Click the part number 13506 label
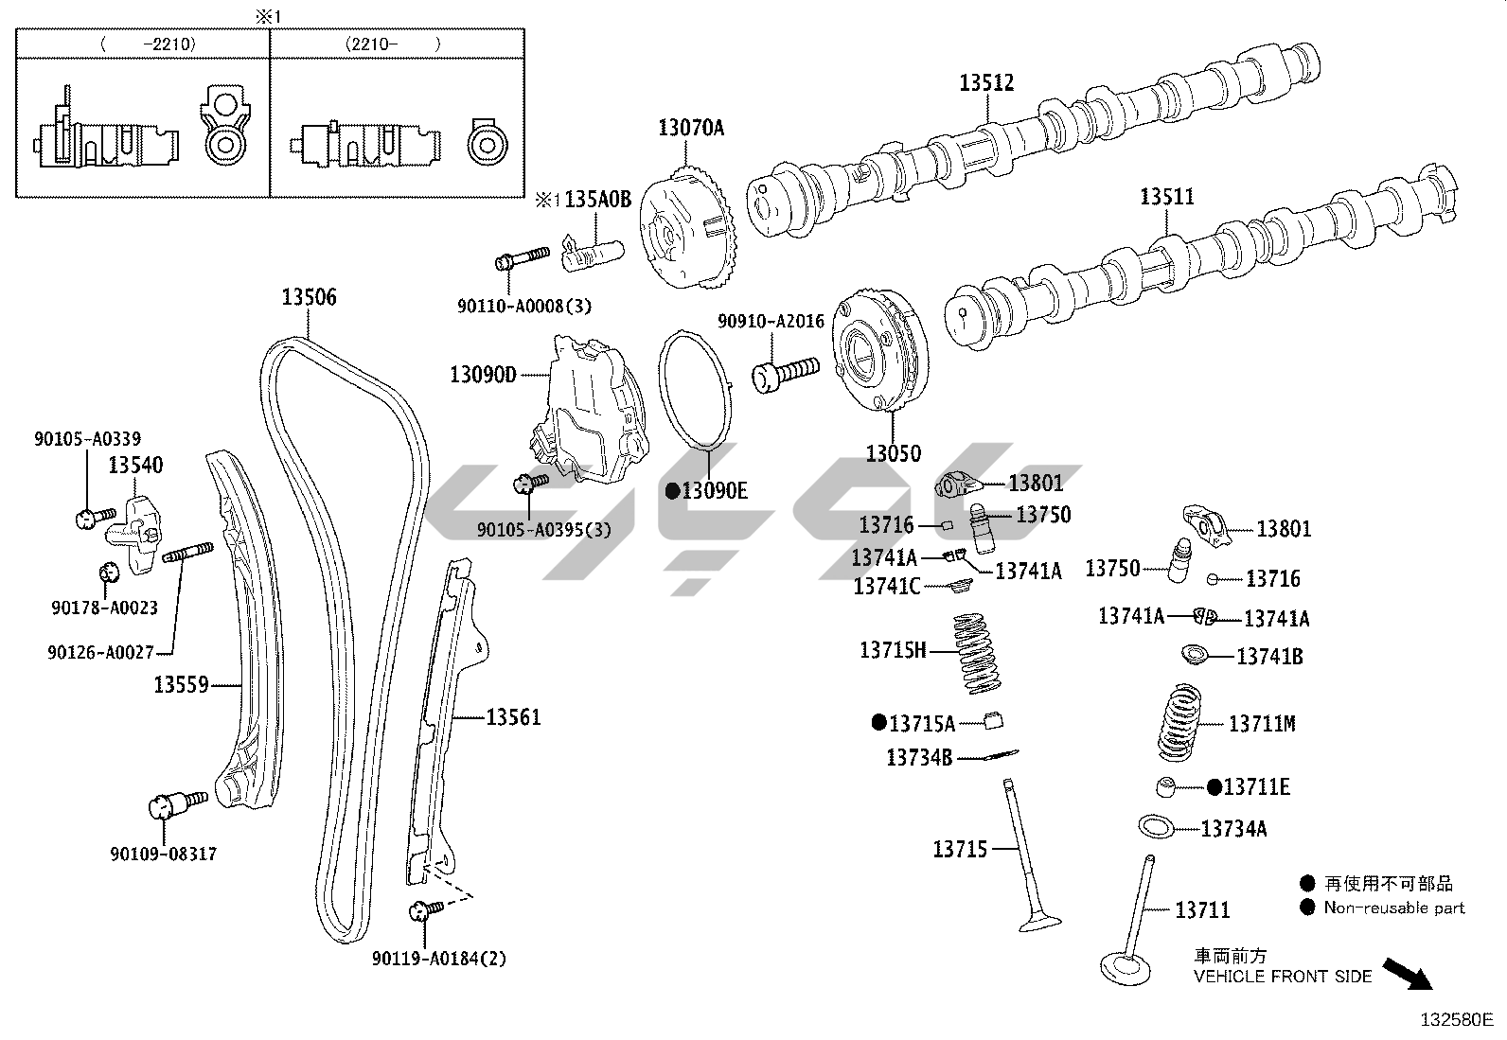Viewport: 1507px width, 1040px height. coord(309,297)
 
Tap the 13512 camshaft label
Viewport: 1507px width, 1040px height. coord(986,82)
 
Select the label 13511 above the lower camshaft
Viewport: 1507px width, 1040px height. coord(1166,197)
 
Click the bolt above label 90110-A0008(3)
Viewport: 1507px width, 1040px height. coord(521,257)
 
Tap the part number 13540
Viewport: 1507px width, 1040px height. coord(134,465)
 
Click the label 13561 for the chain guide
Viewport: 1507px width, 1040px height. coord(513,717)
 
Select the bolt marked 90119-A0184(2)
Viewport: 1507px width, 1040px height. coord(423,910)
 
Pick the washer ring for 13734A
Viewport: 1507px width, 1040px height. coord(1155,826)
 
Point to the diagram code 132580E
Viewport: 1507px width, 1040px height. coord(1456,1020)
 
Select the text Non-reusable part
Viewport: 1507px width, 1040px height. coord(1393,908)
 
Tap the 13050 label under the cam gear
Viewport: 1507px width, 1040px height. coord(892,453)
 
